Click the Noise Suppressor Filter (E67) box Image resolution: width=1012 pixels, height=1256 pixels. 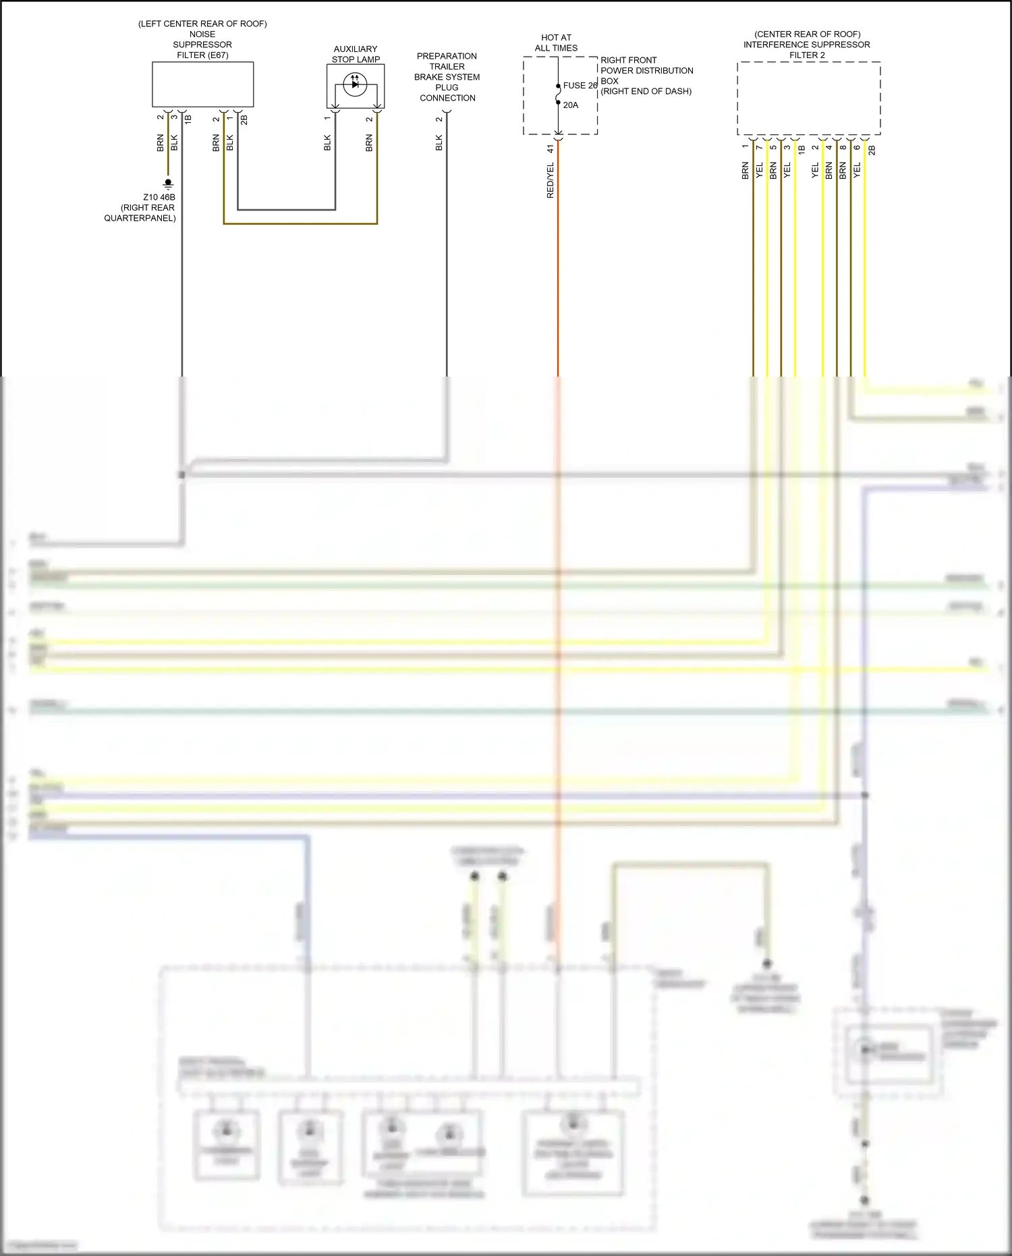pyautogui.click(x=202, y=84)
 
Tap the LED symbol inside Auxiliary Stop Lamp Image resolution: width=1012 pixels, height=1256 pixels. pyautogui.click(x=355, y=84)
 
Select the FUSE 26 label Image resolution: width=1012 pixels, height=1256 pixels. pyautogui.click(x=580, y=86)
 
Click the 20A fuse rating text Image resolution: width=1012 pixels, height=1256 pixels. pyautogui.click(x=571, y=105)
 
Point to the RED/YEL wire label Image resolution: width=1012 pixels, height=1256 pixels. pyautogui.click(x=550, y=180)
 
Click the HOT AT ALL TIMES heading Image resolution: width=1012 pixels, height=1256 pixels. pyautogui.click(x=556, y=43)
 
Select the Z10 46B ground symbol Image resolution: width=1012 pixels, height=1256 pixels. pyautogui.click(x=168, y=183)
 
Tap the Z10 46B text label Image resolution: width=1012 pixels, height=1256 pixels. pyautogui.click(x=159, y=197)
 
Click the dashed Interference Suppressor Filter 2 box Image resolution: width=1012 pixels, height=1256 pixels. pyautogui.click(x=808, y=99)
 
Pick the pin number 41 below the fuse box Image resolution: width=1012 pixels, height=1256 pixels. pyautogui.click(x=550, y=148)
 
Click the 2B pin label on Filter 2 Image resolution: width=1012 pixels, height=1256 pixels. pyautogui.click(x=872, y=150)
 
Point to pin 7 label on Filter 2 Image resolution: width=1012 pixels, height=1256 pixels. pyautogui.click(x=759, y=147)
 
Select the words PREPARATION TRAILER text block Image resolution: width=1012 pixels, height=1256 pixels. pyautogui.click(x=447, y=61)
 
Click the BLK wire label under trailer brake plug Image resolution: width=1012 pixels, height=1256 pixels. pyautogui.click(x=439, y=142)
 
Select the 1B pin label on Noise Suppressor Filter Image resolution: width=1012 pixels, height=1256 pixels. pyautogui.click(x=188, y=119)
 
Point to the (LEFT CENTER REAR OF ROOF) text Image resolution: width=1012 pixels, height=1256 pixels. pyautogui.click(x=202, y=24)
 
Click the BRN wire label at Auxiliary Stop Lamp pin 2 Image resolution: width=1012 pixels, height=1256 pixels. pyautogui.click(x=369, y=142)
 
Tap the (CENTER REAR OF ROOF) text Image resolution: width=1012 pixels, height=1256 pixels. pyautogui.click(x=807, y=34)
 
